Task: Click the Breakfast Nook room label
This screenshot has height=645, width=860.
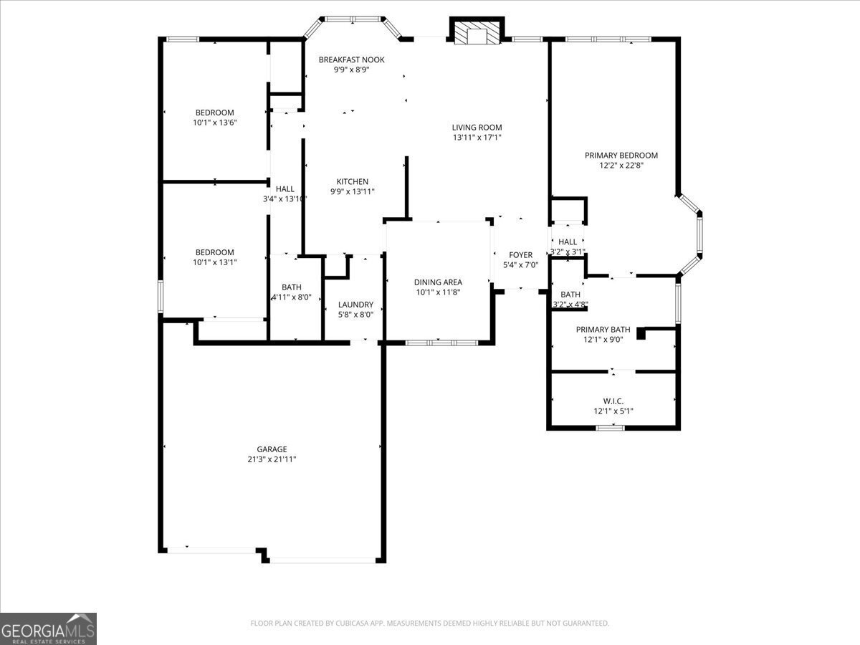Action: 351,59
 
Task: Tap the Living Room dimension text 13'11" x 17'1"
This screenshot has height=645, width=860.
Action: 477,138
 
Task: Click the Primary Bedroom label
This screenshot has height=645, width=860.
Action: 621,156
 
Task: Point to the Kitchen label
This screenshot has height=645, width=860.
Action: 352,182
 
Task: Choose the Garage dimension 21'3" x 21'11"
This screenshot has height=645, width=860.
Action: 272,459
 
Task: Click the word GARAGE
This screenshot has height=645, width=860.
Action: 272,449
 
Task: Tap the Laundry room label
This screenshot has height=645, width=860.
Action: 355,304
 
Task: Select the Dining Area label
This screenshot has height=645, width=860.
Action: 438,282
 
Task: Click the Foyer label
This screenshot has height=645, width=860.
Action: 520,255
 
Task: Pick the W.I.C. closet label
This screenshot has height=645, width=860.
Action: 613,401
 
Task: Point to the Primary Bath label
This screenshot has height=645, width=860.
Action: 603,330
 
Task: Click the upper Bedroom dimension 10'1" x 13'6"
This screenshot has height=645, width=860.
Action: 215,123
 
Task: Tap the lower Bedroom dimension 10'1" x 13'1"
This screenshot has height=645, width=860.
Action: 215,262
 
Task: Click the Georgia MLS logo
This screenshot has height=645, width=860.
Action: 48,629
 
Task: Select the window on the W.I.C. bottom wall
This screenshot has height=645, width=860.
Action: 610,428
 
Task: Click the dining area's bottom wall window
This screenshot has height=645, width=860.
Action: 441,343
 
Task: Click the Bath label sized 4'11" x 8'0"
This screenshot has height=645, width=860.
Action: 291,287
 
